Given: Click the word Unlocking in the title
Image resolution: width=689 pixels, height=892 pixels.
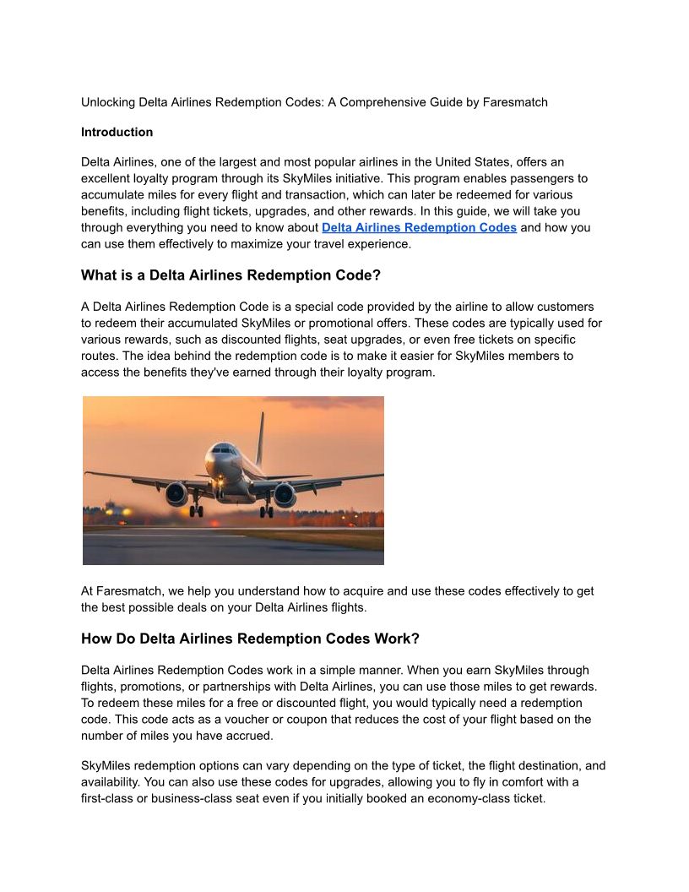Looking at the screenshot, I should point(107,102).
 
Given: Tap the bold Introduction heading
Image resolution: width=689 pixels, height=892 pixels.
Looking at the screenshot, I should point(117,132).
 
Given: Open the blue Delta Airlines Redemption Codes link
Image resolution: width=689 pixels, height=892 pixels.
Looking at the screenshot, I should point(419,228).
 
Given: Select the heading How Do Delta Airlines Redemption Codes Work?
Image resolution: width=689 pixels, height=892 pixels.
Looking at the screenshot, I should point(250,639).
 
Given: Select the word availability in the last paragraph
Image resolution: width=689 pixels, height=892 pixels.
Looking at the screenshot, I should point(114,782).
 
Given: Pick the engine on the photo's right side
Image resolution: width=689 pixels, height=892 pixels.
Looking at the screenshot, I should point(285,494).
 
